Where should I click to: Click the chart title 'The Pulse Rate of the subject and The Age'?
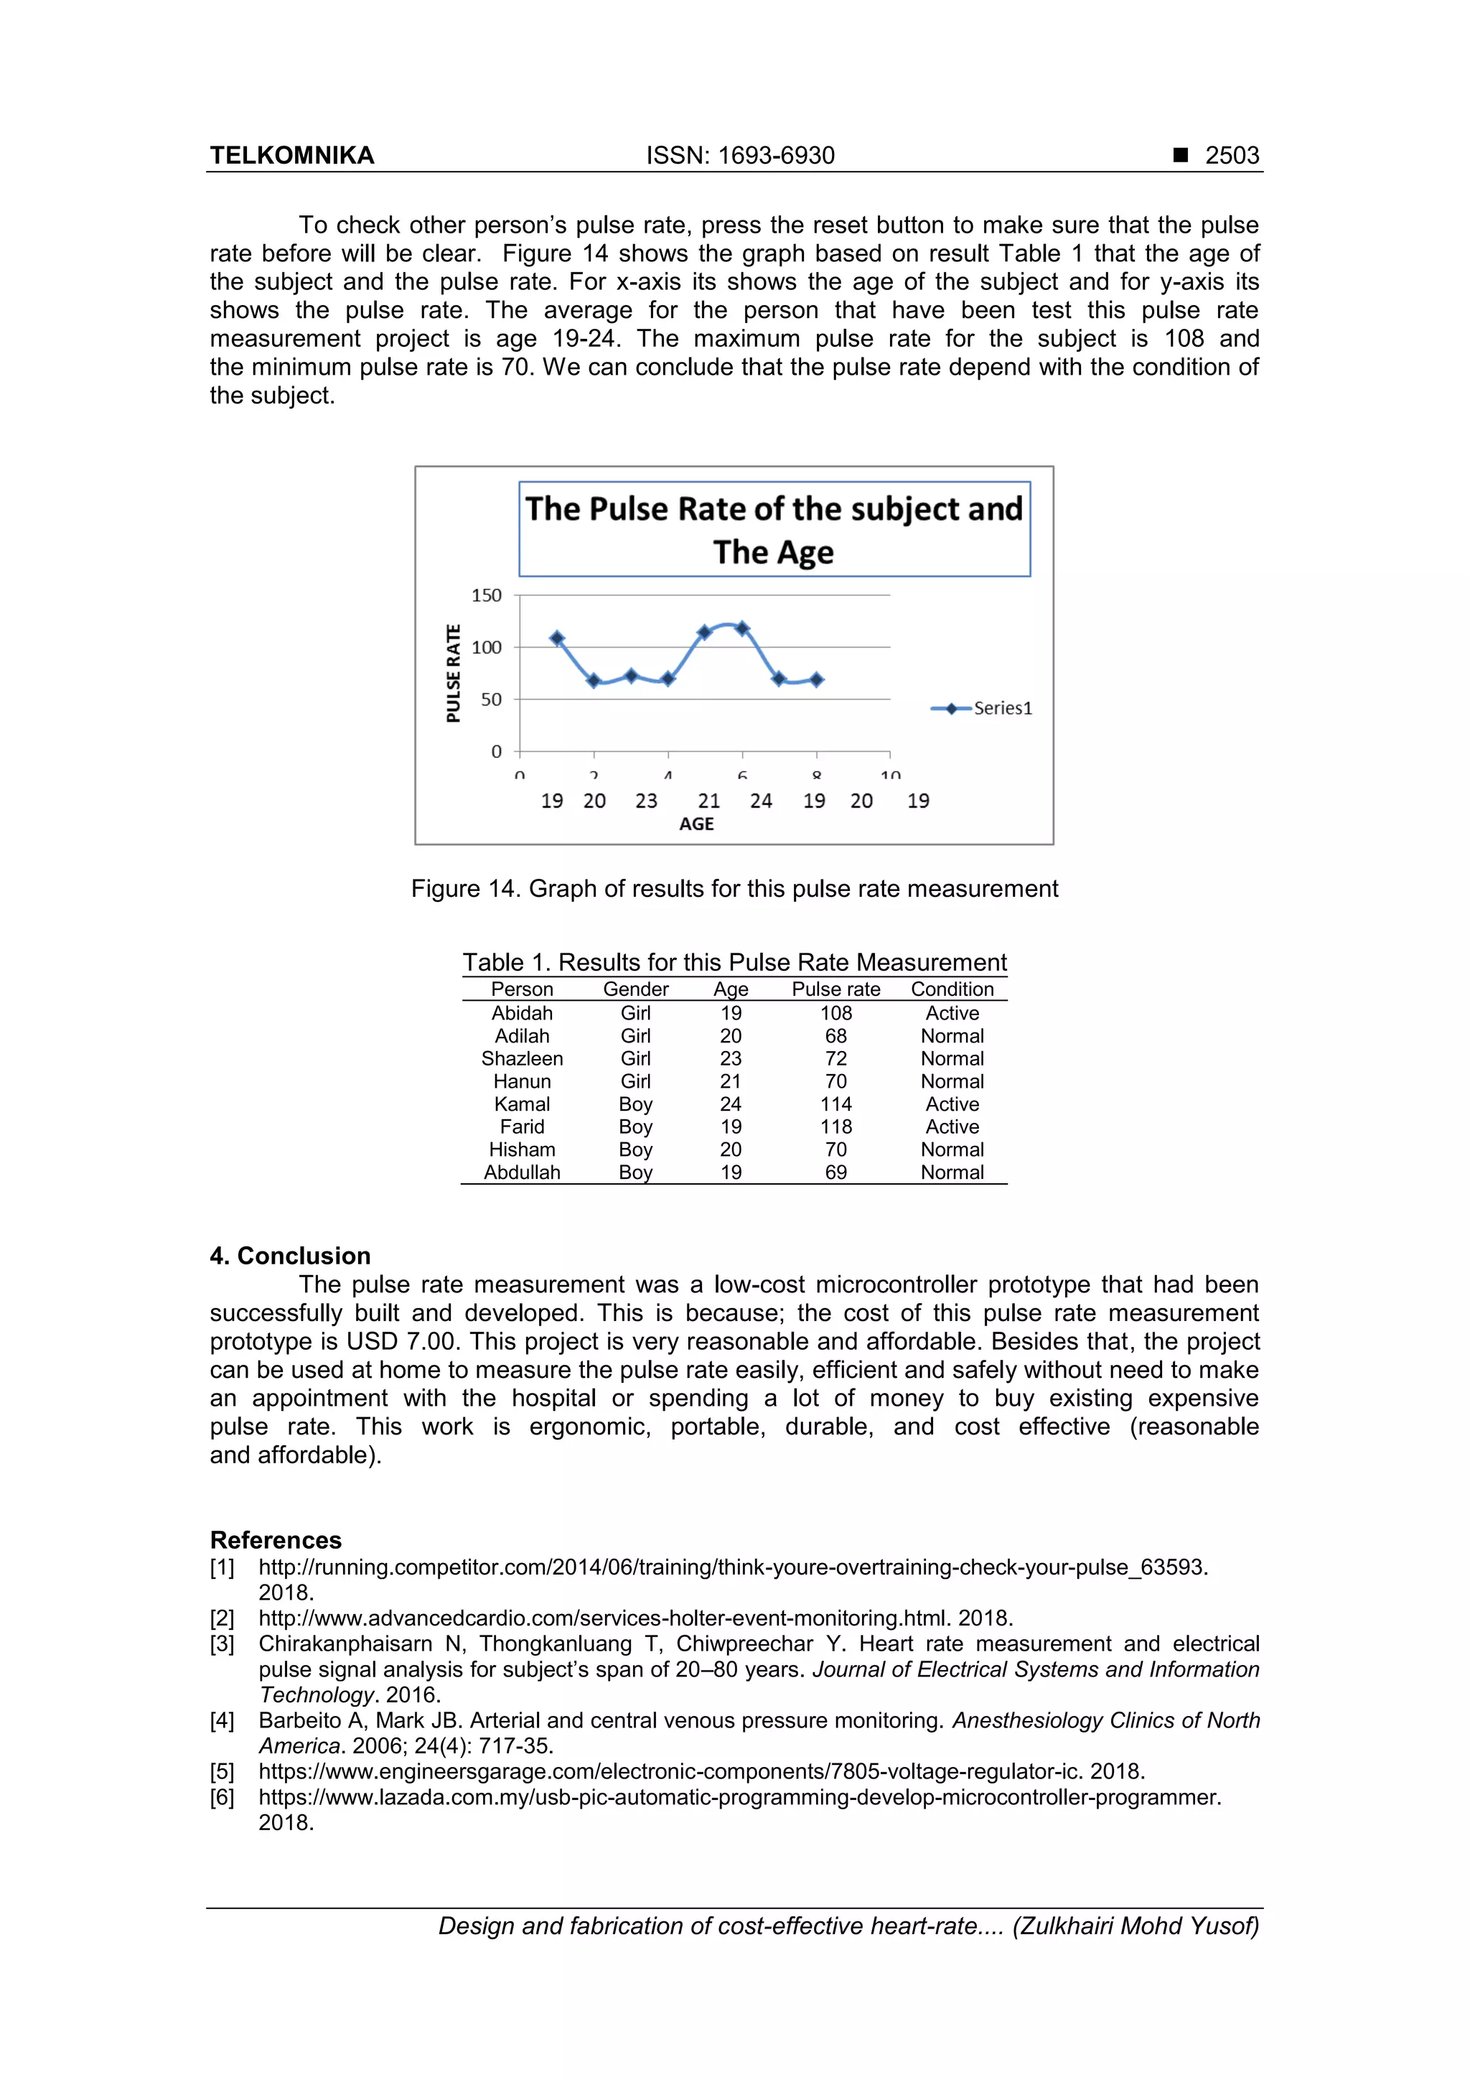coord(774,530)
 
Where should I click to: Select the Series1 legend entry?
coord(983,709)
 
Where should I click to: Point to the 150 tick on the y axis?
coord(487,595)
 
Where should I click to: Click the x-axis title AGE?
coord(696,824)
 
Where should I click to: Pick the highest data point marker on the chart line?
coord(743,629)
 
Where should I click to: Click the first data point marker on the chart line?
coord(557,639)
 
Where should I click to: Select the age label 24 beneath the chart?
coord(761,801)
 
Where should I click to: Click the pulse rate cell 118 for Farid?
coord(835,1127)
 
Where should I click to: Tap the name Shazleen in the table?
coord(522,1059)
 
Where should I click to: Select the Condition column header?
coord(952,989)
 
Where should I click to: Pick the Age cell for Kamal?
coord(730,1104)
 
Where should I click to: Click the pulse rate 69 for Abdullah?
coord(835,1172)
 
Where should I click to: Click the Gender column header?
coord(635,989)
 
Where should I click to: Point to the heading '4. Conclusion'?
coord(290,1256)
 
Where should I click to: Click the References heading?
coord(276,1540)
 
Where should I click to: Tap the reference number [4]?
coord(222,1720)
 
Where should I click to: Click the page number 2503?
coord(1231,156)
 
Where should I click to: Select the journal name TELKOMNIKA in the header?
coord(291,156)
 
